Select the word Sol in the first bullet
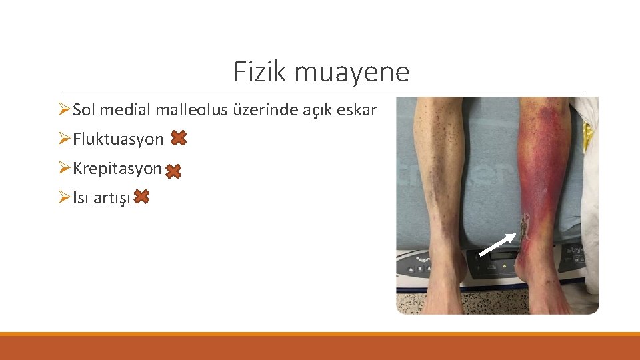tap(85, 109)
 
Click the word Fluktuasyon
tap(118, 139)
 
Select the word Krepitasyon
tap(117, 169)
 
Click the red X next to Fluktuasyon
tap(178, 138)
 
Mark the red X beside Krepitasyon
tap(173, 171)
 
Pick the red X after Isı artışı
tap(141, 197)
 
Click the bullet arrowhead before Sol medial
tap(63, 109)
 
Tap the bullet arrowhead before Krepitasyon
tap(63, 168)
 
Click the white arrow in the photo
tap(497, 244)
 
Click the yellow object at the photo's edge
tap(589, 136)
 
